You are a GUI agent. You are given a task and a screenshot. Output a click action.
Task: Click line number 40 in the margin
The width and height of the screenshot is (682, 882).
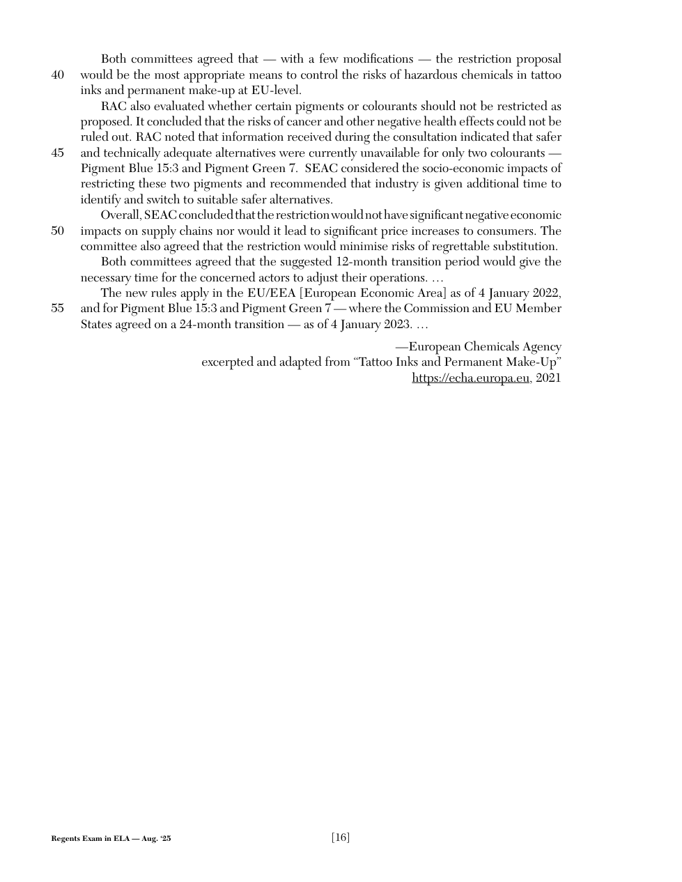[58, 75]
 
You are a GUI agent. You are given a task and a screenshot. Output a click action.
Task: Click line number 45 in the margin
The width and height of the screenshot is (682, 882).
[58, 153]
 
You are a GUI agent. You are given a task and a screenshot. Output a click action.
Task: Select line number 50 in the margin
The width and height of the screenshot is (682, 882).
[58, 231]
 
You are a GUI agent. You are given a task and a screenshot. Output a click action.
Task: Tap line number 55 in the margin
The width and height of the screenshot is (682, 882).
[58, 309]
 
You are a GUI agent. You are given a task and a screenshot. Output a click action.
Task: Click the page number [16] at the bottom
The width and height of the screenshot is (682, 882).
[341, 837]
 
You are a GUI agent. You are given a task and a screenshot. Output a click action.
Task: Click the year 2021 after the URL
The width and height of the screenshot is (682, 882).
[548, 378]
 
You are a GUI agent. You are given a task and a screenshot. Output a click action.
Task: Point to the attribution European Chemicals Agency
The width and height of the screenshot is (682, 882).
[484, 347]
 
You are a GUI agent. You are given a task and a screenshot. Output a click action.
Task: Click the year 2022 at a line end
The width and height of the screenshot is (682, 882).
[547, 293]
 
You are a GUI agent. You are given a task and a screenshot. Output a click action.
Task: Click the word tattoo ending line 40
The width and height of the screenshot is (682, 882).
[546, 75]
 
